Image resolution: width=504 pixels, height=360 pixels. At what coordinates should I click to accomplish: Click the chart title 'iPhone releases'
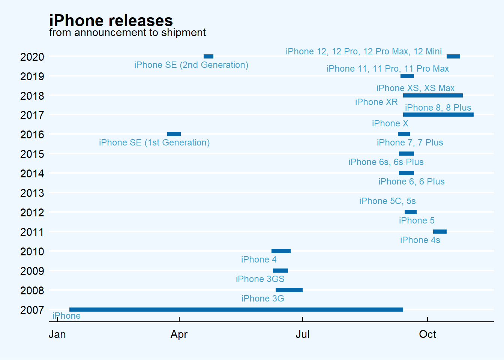coord(111,21)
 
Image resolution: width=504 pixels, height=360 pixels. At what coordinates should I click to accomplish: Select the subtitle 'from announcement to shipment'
coord(127,33)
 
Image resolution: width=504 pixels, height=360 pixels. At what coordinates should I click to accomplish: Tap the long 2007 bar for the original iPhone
coord(236,309)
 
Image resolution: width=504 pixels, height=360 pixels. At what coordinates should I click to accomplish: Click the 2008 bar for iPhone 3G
coord(289,290)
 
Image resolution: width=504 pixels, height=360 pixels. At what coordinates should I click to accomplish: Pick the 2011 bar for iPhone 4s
coord(439,231)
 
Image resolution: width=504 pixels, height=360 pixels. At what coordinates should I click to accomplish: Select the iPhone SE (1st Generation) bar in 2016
coord(174,134)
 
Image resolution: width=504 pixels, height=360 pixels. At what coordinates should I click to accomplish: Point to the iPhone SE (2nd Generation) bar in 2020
coord(208,56)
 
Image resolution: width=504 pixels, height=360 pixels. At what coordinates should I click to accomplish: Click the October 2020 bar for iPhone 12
coord(453,56)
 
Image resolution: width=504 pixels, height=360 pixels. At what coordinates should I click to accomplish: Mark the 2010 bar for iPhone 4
coord(281,251)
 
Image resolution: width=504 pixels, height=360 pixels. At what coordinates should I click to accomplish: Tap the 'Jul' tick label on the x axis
coord(302,334)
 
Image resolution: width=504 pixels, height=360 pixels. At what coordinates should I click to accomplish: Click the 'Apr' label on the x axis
coord(179,334)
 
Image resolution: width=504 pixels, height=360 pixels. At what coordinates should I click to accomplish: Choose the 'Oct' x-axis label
coord(427,334)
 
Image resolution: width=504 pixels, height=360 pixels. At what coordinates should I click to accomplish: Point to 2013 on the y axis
coord(32,193)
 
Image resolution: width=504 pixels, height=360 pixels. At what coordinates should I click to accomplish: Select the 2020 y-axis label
coord(32,57)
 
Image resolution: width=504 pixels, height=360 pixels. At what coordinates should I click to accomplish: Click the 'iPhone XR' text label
coord(376,102)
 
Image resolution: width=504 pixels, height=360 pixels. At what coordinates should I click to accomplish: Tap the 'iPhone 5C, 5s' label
coord(387,201)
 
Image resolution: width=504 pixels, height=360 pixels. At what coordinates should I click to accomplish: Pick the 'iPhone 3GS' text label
coord(260,279)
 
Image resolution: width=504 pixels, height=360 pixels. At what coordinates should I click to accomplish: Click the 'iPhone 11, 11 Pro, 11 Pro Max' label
coord(387,69)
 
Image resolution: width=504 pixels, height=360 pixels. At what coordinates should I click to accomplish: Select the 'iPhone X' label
coord(390,123)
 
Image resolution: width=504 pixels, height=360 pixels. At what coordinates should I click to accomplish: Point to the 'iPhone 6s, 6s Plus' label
coord(386,162)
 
